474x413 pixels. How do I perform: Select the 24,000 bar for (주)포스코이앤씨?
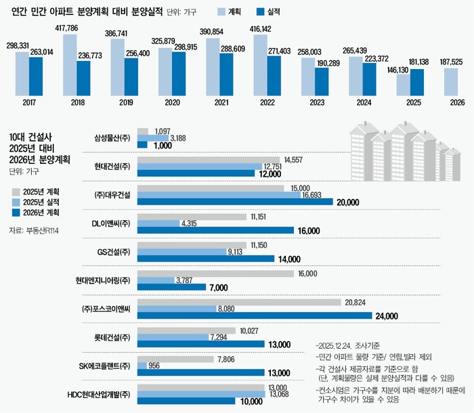[255, 316]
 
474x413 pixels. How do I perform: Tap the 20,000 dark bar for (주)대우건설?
[235, 202]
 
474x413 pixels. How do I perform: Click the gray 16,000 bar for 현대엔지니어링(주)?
[216, 274]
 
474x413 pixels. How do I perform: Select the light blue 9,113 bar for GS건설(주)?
[181, 251]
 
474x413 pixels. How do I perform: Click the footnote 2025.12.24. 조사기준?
[353, 343]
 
